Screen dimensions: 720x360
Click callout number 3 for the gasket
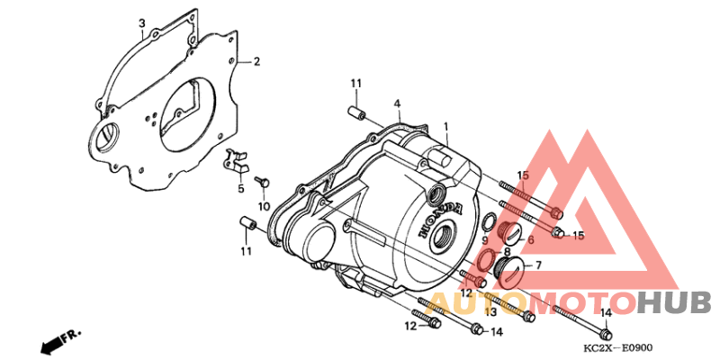(x=142, y=22)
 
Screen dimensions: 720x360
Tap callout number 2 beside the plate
(x=256, y=61)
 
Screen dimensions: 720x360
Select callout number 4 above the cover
(x=397, y=103)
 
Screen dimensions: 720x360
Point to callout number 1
(x=445, y=125)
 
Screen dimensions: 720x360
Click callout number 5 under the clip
(x=240, y=188)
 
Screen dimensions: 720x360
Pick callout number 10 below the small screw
(x=263, y=207)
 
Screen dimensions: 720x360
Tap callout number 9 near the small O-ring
(x=485, y=240)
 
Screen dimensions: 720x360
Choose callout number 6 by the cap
(x=530, y=239)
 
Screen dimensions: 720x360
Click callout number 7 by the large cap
(x=537, y=265)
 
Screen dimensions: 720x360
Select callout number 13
(x=490, y=312)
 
